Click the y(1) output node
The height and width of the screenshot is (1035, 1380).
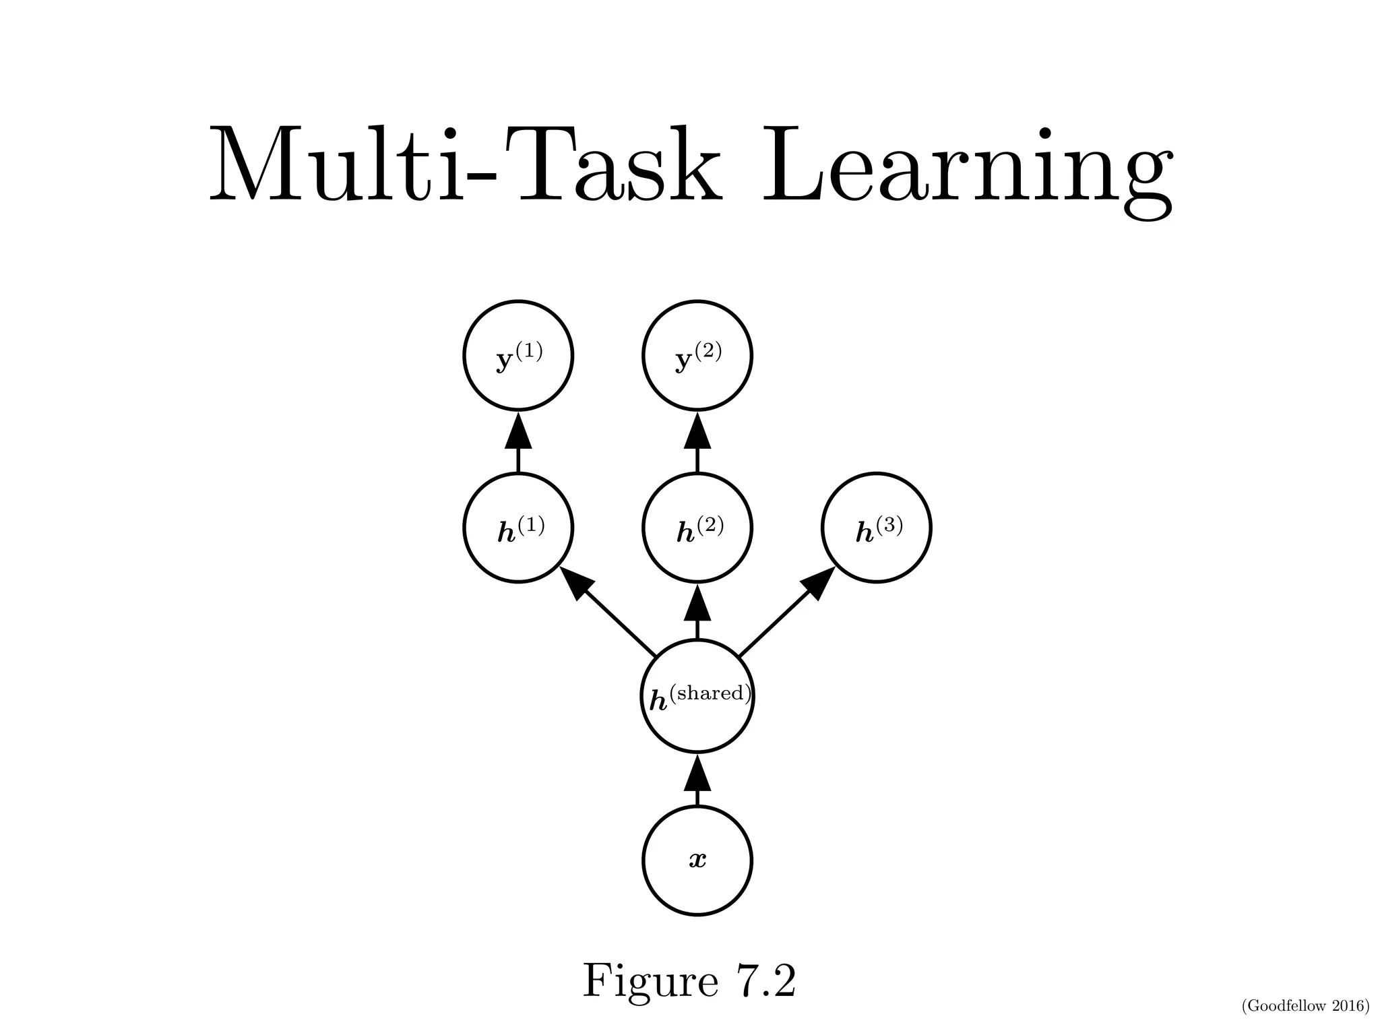[x=518, y=355]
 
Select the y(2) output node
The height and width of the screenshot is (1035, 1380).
[x=697, y=355]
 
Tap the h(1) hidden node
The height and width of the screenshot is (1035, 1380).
[x=518, y=527]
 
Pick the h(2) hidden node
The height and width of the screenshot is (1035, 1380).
[x=697, y=527]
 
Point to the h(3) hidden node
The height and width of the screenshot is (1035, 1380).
[x=876, y=527]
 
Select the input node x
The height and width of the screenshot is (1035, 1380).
[x=697, y=860]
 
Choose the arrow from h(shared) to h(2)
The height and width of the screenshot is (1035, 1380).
[x=697, y=610]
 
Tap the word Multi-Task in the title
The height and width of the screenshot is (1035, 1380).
[x=465, y=165]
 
